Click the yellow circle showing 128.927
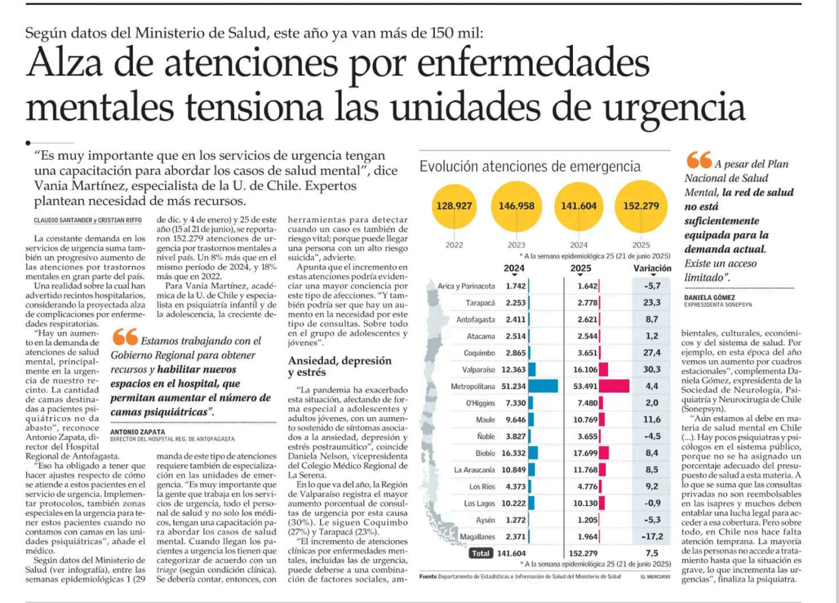[454, 206]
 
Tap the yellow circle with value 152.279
[641, 206]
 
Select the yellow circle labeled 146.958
[516, 206]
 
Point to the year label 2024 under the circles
[578, 245]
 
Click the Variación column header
[652, 268]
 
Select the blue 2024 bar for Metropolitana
[543, 386]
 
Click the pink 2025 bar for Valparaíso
[604, 370]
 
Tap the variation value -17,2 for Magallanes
[652, 537]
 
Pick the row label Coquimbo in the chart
[479, 353]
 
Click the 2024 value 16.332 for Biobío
[513, 453]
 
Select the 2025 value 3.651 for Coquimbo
[587, 353]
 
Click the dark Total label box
[481, 553]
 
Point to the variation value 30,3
[652, 370]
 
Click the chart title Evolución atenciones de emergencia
[530, 167]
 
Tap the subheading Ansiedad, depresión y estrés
[340, 366]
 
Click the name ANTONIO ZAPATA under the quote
[130, 432]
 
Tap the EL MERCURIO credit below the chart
[655, 577]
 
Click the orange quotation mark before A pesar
[699, 160]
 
